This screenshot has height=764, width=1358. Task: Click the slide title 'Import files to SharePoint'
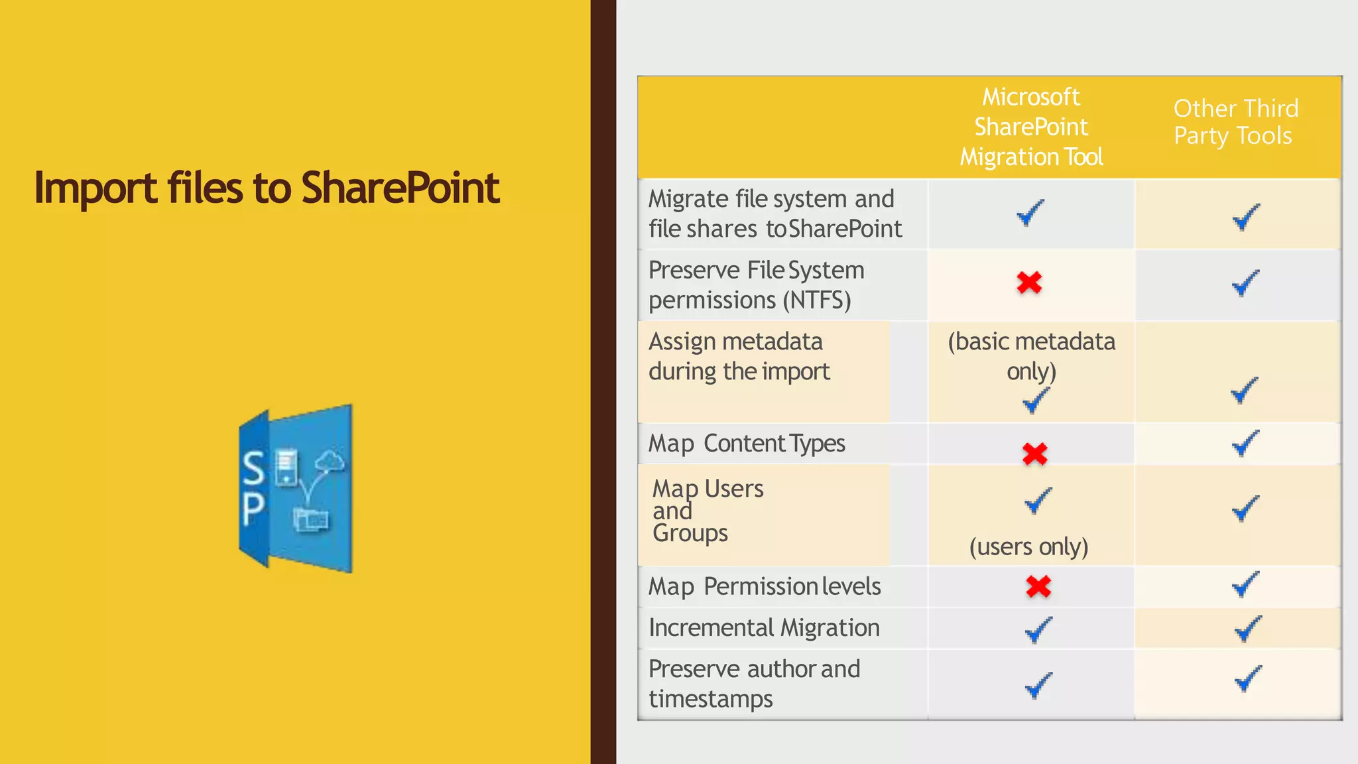pos(267,188)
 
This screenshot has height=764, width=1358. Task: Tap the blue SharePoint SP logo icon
pos(296,489)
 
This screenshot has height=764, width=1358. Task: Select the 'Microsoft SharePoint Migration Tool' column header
pos(1031,127)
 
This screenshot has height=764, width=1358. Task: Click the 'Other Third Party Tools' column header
pos(1235,122)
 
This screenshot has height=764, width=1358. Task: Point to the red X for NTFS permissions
pos(1029,283)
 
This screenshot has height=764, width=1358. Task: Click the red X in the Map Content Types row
pos(1034,454)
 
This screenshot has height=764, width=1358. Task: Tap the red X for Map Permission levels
pos(1038,586)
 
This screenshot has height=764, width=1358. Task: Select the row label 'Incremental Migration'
pos(764,627)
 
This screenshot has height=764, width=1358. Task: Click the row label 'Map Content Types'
pos(747,443)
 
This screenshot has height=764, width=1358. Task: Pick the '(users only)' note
pos(1028,546)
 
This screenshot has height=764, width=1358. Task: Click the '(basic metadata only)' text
pos(1031,356)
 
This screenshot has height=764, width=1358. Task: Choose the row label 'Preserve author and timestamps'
pos(754,683)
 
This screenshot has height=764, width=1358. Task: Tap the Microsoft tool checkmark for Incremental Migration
pos(1038,629)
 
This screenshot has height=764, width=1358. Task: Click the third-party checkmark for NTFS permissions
pos(1245,283)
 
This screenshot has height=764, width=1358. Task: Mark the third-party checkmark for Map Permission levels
pos(1245,584)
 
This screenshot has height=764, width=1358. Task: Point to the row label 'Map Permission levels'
pos(765,586)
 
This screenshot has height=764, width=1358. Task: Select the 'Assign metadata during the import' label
pos(739,356)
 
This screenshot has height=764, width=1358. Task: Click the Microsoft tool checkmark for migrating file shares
pos(1030,213)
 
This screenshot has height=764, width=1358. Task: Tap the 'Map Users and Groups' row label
pos(708,511)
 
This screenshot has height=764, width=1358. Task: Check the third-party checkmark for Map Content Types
pos(1245,443)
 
